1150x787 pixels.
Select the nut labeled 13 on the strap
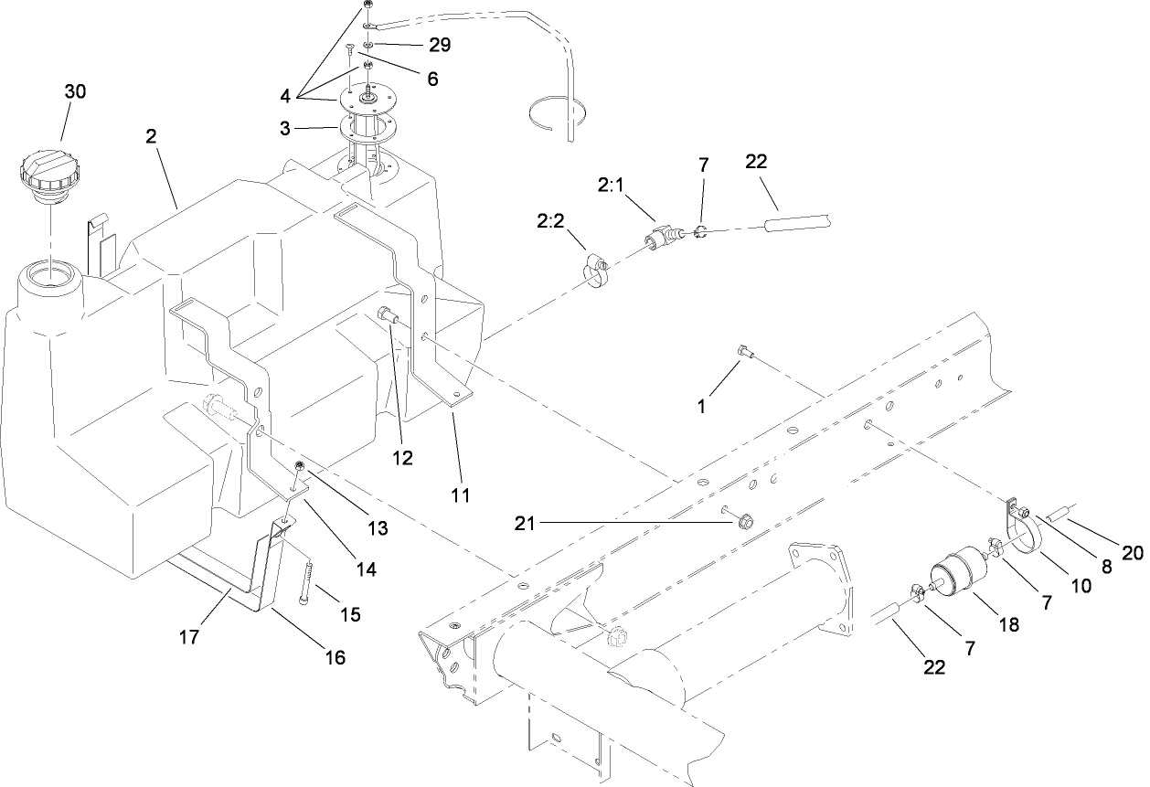point(299,468)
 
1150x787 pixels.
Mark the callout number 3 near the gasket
point(285,129)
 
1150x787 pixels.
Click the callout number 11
point(460,495)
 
